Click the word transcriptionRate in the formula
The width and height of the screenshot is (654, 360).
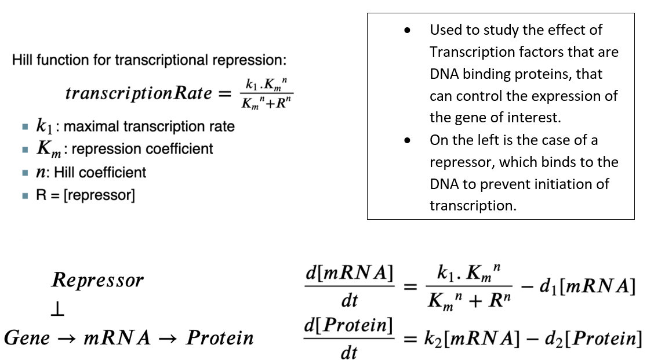point(139,93)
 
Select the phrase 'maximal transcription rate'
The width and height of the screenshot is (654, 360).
point(149,126)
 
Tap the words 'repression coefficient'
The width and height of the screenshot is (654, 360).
point(143,149)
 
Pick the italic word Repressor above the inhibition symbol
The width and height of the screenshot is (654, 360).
point(97,281)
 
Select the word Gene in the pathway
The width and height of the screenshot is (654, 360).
point(27,338)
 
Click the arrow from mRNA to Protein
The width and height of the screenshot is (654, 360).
point(169,339)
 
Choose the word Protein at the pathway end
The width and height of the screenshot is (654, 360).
point(220,338)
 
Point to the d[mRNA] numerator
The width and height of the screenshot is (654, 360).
point(349,274)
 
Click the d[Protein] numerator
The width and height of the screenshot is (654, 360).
point(349,326)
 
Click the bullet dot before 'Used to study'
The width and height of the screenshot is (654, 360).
point(409,30)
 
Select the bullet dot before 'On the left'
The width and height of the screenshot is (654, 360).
point(409,140)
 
